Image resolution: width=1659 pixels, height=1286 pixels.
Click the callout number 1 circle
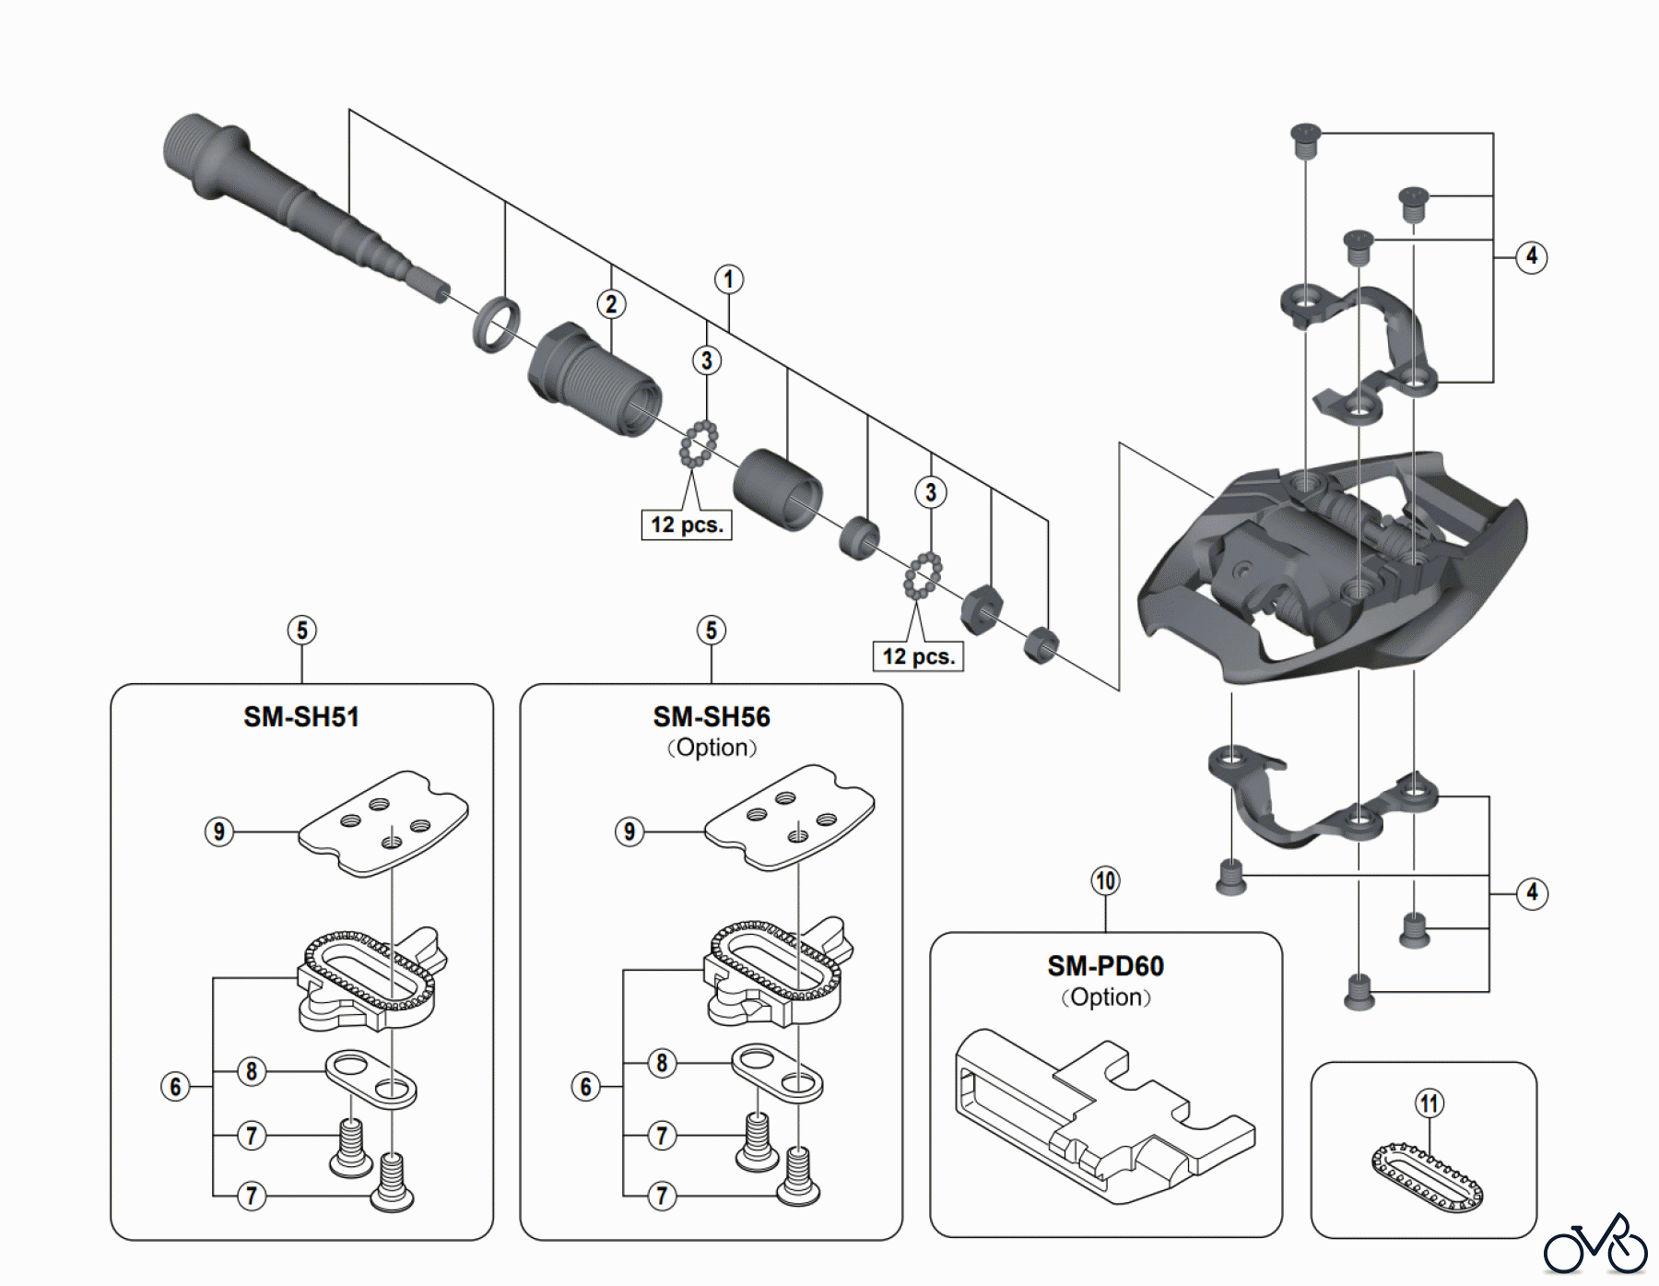(x=728, y=279)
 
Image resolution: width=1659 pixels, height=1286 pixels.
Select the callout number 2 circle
(x=611, y=304)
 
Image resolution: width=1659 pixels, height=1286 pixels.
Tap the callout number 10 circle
(x=1105, y=881)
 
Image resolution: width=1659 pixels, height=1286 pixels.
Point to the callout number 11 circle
(x=1429, y=1103)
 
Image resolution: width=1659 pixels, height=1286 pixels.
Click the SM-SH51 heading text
(x=301, y=717)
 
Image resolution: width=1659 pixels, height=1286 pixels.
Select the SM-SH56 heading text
(x=712, y=717)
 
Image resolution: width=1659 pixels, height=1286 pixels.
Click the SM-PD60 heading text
(x=1105, y=966)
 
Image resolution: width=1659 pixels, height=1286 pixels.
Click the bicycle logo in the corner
(x=1595, y=1245)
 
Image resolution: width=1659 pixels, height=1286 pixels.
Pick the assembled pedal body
(x=1327, y=572)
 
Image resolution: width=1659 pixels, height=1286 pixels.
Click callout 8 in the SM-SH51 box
(x=252, y=1071)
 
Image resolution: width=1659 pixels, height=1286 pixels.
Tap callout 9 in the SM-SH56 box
(x=629, y=832)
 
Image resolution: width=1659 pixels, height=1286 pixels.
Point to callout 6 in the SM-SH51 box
(x=175, y=1087)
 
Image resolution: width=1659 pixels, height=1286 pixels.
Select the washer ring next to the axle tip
(x=496, y=324)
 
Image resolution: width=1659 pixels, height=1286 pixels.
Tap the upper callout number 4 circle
(x=1532, y=256)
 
